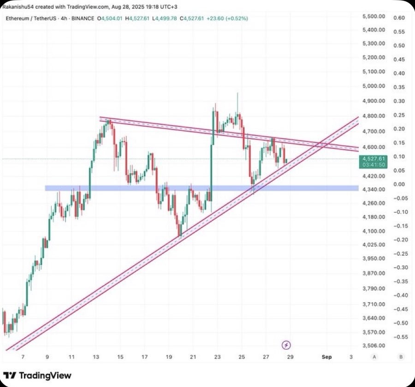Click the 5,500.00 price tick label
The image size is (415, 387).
point(373,17)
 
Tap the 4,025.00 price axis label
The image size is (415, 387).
point(373,245)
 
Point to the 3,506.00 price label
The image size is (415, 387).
point(373,346)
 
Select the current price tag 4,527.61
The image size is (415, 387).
point(373,158)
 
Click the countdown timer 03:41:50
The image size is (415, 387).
point(373,164)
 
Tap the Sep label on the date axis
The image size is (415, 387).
point(327,357)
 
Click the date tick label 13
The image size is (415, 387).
point(96,357)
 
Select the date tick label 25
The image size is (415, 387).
point(242,357)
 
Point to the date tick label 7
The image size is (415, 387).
point(23,357)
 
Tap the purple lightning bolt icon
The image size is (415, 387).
point(286,345)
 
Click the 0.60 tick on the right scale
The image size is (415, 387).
point(399,18)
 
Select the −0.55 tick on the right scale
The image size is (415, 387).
point(398,337)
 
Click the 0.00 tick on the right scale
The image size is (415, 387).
point(399,184)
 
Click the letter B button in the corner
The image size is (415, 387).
point(401,357)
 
